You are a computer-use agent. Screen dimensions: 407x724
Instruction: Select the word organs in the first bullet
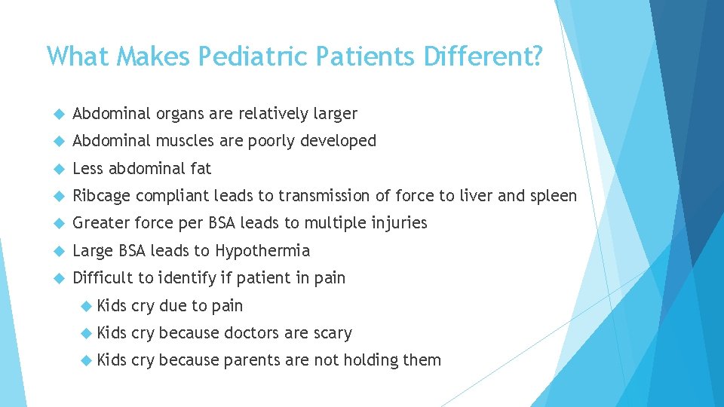[x=182, y=114]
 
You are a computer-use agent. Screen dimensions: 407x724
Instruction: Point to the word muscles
[x=185, y=141]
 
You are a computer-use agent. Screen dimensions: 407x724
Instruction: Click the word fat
[x=201, y=168]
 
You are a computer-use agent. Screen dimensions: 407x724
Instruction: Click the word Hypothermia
[x=262, y=250]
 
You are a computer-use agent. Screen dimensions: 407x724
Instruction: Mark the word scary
[x=333, y=332]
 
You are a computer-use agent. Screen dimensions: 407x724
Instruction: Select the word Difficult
[x=101, y=278]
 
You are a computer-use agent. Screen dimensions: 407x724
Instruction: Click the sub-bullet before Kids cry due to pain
[x=85, y=306]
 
